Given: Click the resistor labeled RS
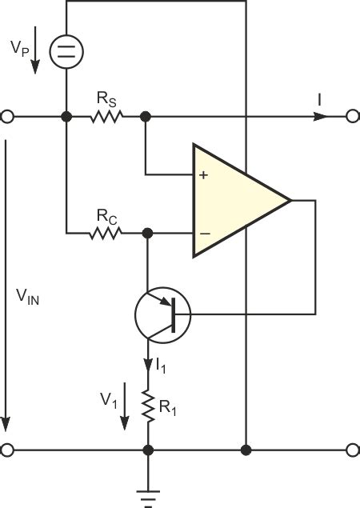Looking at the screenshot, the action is (106, 117).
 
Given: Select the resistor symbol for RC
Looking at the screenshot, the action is (106, 234).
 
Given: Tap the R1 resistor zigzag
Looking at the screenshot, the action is (149, 406).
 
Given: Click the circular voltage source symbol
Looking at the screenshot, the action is (66, 51).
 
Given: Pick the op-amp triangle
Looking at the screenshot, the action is (242, 201).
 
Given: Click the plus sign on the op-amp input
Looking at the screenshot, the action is (203, 175).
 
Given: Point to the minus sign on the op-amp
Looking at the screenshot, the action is (205, 234).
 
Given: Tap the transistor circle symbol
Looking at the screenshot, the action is (163, 315).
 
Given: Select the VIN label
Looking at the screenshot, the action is (27, 297).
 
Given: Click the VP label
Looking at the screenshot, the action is (20, 49).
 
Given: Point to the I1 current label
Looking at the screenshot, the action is (161, 366).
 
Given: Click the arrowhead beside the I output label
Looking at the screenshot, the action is (321, 116).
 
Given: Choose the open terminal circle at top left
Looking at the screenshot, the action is (7, 116).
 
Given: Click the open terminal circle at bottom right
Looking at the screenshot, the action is (353, 450).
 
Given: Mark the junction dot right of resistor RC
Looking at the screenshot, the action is (147, 234).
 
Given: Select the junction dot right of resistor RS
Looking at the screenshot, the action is (145, 116).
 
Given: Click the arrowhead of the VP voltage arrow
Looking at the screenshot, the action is (35, 66).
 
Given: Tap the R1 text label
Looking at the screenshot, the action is (168, 408).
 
